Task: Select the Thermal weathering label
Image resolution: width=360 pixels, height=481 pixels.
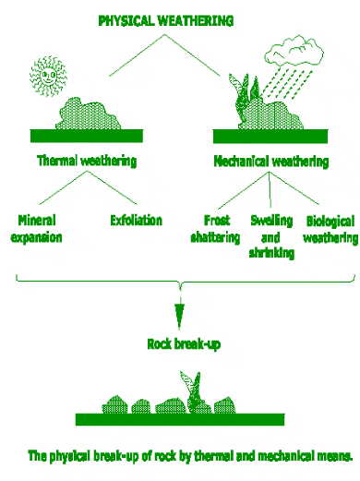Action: [x=87, y=161]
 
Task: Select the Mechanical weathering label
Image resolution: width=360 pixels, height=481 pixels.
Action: [x=270, y=161]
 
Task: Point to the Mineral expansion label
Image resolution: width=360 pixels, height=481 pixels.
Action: [x=36, y=228]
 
